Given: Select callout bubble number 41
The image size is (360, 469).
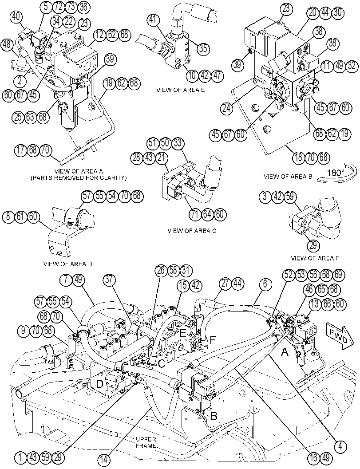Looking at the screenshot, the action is tap(153, 20).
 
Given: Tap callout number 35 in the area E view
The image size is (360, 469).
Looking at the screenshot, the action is tap(202, 48).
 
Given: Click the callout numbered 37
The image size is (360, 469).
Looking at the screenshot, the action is tap(110, 280).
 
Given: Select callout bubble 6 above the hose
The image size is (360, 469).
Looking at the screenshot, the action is tap(265, 284).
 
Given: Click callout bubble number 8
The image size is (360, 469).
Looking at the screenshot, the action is tap(8, 217).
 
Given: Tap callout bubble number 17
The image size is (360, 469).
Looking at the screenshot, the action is tap(21, 150).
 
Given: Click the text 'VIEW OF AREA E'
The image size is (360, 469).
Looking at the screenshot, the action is tap(181, 90).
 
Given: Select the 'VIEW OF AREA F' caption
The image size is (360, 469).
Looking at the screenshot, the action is tap(315, 258).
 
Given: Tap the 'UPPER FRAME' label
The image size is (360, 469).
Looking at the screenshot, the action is tap(146, 442).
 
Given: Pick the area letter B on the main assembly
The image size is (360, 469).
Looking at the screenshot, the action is tap(214, 416).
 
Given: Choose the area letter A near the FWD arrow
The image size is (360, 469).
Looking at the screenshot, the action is tap(285, 353).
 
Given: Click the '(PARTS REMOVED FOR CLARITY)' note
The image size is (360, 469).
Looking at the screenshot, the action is tap(79, 177).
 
